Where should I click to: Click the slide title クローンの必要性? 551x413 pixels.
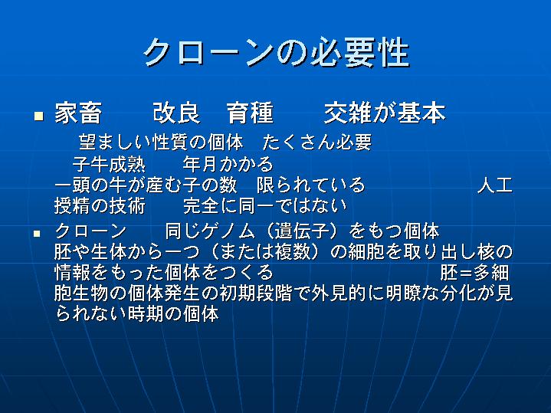[276, 52]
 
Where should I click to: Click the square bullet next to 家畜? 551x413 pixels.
[38, 116]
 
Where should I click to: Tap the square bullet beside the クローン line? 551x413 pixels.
[37, 234]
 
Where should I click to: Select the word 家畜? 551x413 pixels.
[78, 113]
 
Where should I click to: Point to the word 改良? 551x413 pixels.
[176, 113]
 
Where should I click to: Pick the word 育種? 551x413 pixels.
[250, 113]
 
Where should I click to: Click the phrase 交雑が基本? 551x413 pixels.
[385, 113]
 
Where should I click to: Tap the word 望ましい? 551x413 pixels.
[115, 143]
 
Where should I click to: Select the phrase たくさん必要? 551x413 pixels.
[317, 143]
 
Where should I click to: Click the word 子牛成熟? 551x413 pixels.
[109, 164]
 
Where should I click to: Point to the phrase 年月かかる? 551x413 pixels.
[228, 164]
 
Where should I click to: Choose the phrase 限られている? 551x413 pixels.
[310, 185]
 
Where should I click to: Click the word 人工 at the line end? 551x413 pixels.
[495, 185]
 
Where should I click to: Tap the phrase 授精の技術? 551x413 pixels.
[100, 205]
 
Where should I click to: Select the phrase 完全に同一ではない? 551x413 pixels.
[265, 205]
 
